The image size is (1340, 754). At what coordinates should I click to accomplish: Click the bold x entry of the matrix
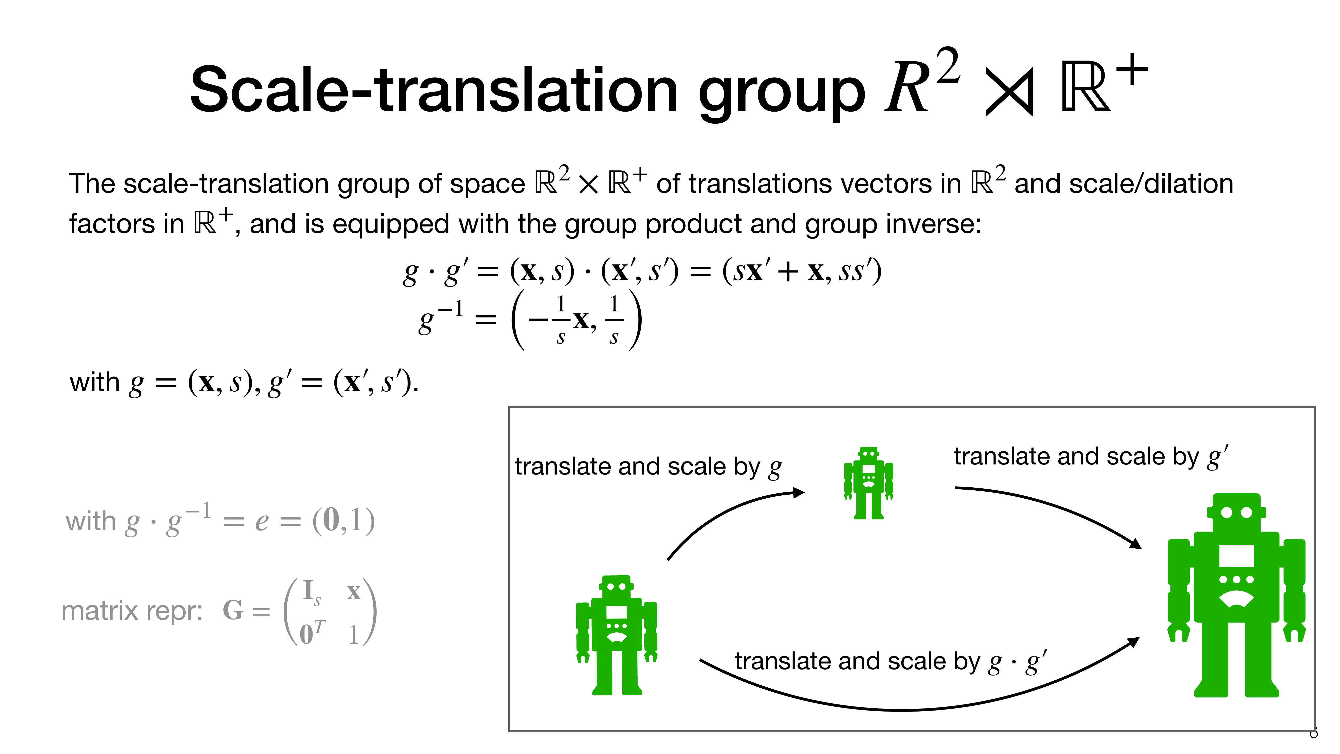coord(354,592)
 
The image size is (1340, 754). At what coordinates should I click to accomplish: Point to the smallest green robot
coord(869,482)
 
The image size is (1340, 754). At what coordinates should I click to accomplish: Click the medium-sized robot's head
coord(616,586)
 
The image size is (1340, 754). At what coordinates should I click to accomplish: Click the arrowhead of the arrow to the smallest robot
coord(798,492)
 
